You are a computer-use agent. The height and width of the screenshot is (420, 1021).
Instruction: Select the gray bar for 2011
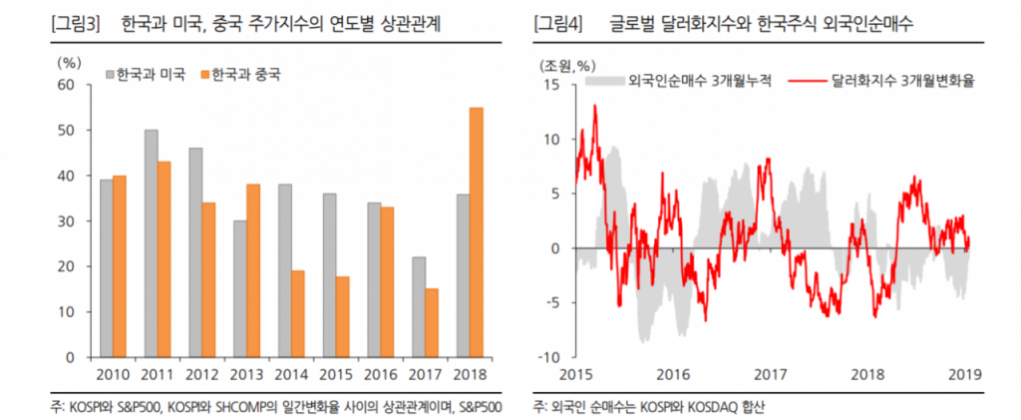click(151, 243)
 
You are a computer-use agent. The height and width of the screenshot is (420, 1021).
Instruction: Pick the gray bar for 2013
click(240, 288)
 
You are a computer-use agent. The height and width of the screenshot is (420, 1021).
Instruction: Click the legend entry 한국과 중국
click(240, 75)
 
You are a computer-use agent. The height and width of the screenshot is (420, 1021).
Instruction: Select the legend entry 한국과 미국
click(144, 75)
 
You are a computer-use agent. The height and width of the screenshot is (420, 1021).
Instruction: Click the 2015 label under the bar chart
click(335, 373)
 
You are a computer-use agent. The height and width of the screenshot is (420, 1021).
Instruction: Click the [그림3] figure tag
click(76, 23)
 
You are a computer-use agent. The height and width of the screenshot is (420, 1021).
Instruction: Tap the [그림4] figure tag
click(558, 23)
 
